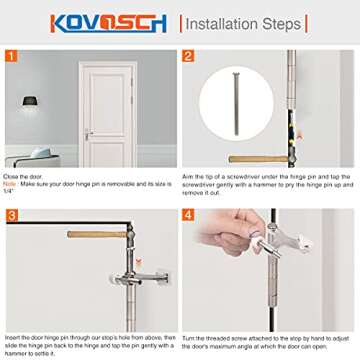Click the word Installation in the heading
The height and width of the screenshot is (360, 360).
point(220,23)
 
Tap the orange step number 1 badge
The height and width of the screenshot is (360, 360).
point(12,58)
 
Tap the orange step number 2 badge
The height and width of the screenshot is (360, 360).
point(189,58)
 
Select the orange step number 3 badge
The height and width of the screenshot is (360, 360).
point(12,216)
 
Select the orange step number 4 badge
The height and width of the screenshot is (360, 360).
point(189,216)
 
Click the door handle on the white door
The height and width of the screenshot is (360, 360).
point(90,133)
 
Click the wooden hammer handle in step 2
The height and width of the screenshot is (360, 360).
point(255,159)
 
